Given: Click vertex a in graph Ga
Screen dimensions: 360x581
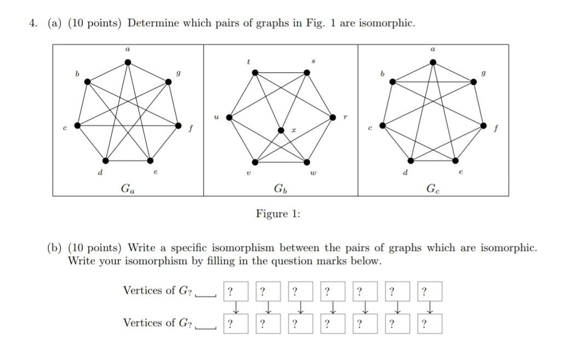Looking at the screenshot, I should pyautogui.click(x=128, y=62).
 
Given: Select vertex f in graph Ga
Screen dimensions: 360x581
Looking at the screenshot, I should pyautogui.click(x=178, y=125).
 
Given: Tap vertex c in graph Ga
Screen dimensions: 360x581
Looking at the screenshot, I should pyautogui.click(x=77, y=125).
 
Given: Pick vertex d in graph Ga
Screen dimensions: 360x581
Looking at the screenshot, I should pyautogui.click(x=106, y=160).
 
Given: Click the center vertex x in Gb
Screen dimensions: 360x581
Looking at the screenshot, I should pyautogui.click(x=281, y=130).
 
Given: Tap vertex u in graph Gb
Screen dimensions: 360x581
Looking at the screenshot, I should pyautogui.click(x=229, y=117).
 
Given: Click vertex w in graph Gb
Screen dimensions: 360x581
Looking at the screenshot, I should pyautogui.click(x=307, y=161).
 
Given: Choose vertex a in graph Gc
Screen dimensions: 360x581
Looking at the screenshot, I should pyautogui.click(x=433, y=62).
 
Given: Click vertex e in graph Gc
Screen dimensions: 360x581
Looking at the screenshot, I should pyautogui.click(x=456, y=160).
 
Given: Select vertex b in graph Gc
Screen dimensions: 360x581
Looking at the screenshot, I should pyautogui.click(x=392, y=82).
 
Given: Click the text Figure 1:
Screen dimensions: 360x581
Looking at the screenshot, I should pyautogui.click(x=278, y=214).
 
